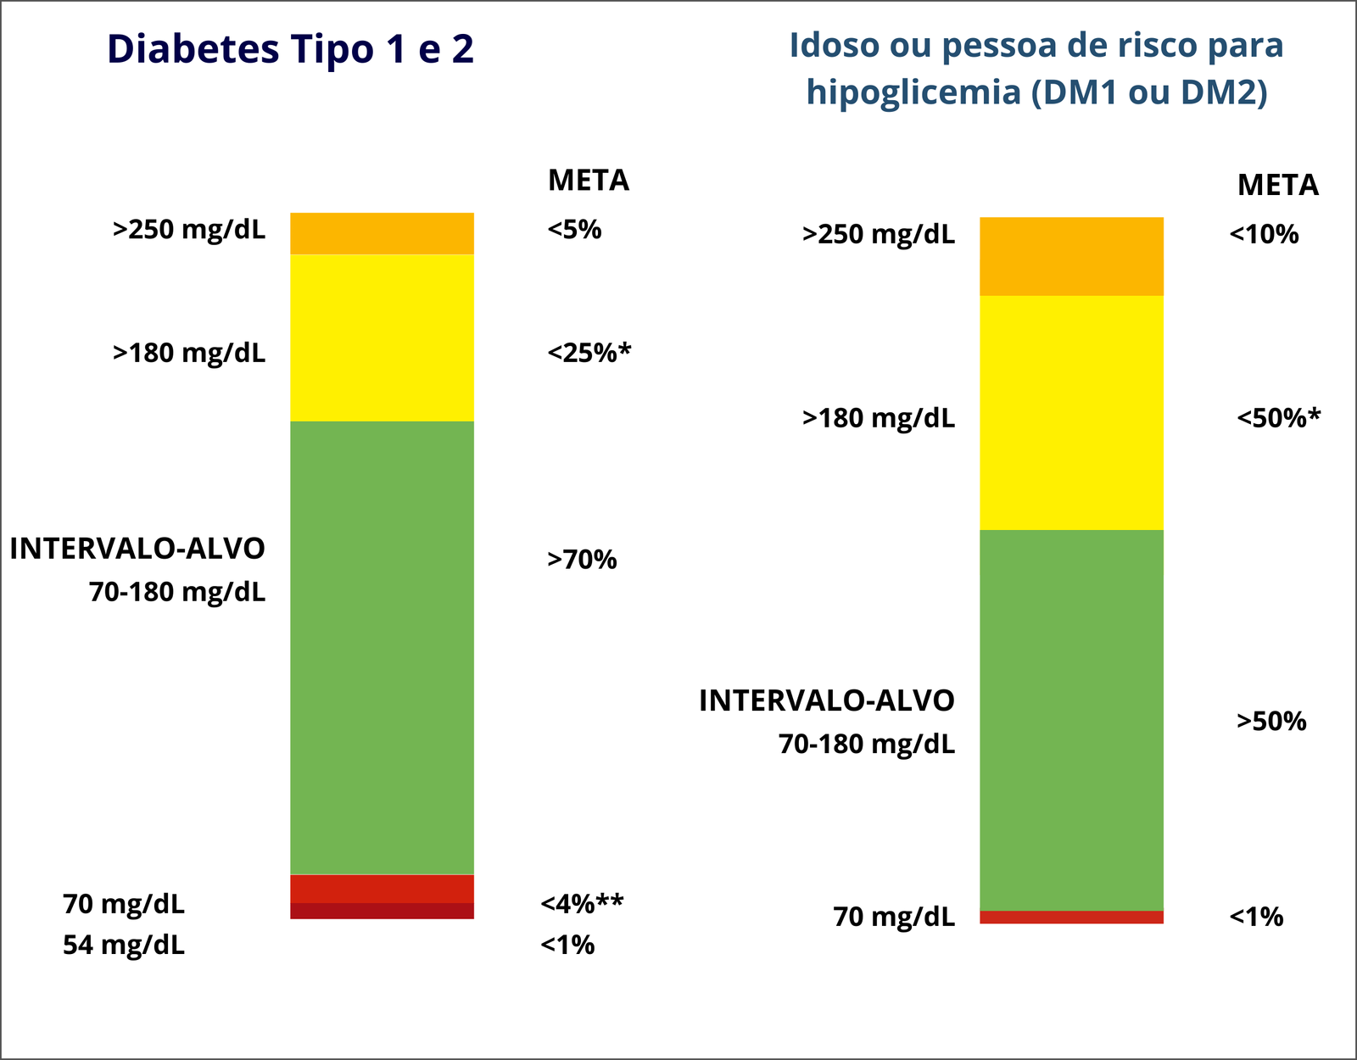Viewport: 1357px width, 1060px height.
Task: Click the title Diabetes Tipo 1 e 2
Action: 290,49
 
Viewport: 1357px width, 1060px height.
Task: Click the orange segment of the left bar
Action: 382,233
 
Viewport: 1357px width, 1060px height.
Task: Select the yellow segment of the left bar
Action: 382,338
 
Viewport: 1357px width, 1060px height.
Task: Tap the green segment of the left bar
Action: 382,647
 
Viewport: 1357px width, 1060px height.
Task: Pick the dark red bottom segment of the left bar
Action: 382,912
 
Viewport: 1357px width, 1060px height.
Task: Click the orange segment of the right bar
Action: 1071,256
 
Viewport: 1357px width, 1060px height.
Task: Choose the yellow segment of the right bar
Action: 1071,412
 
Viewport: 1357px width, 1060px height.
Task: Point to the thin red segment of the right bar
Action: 1071,917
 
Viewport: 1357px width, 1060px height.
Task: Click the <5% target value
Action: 574,230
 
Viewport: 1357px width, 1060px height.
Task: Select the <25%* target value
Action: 589,353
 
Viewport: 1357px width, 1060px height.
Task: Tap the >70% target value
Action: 582,560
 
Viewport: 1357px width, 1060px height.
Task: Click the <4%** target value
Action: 582,904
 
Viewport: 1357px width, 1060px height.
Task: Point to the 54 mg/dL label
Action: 124,945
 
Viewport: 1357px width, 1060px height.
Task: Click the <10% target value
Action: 1264,235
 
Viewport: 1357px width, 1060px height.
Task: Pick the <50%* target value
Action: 1278,418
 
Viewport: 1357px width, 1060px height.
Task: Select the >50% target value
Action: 1271,722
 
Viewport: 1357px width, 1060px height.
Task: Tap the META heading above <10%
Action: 1277,185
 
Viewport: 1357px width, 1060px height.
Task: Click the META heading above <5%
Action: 589,181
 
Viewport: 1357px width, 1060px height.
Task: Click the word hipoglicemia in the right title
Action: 913,92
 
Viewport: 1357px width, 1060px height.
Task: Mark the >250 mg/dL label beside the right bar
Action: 879,235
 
